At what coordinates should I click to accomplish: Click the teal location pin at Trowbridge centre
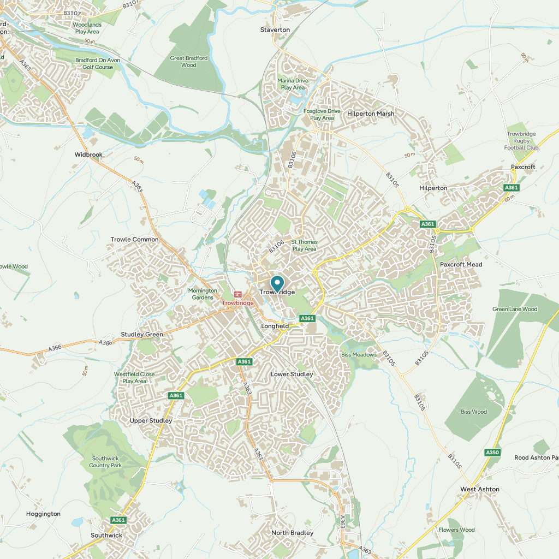(277, 283)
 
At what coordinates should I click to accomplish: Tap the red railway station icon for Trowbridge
(237, 294)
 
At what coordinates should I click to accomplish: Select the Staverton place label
(275, 29)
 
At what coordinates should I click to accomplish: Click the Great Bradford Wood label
(189, 61)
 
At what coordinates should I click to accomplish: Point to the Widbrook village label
(88, 154)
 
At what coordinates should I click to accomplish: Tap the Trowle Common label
(134, 240)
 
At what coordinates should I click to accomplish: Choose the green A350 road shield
(492, 452)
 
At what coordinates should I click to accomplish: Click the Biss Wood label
(473, 412)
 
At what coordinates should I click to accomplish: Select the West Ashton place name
(480, 489)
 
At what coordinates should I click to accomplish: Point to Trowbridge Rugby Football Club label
(522, 141)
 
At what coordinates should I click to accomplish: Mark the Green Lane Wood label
(515, 309)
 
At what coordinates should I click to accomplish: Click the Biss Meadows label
(359, 355)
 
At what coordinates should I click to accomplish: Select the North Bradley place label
(293, 533)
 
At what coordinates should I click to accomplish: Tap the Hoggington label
(43, 514)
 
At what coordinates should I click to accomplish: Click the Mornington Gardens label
(203, 294)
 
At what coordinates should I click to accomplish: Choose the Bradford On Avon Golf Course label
(94, 63)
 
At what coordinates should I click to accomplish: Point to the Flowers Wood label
(456, 530)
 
